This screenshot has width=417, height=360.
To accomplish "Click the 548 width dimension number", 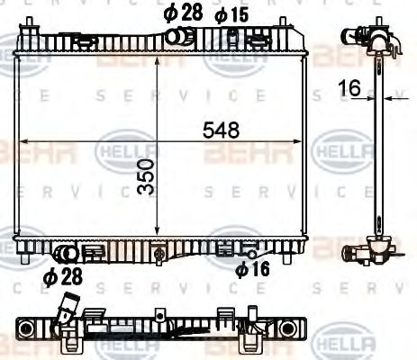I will (222, 130).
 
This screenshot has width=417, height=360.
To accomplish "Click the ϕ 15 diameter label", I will (231, 14).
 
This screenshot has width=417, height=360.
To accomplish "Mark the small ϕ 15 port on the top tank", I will (232, 35).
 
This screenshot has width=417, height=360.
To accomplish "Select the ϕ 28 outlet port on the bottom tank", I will (66, 254).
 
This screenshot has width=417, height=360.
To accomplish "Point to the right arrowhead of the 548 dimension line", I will (303, 141).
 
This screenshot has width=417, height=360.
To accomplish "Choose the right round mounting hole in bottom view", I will (287, 329).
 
